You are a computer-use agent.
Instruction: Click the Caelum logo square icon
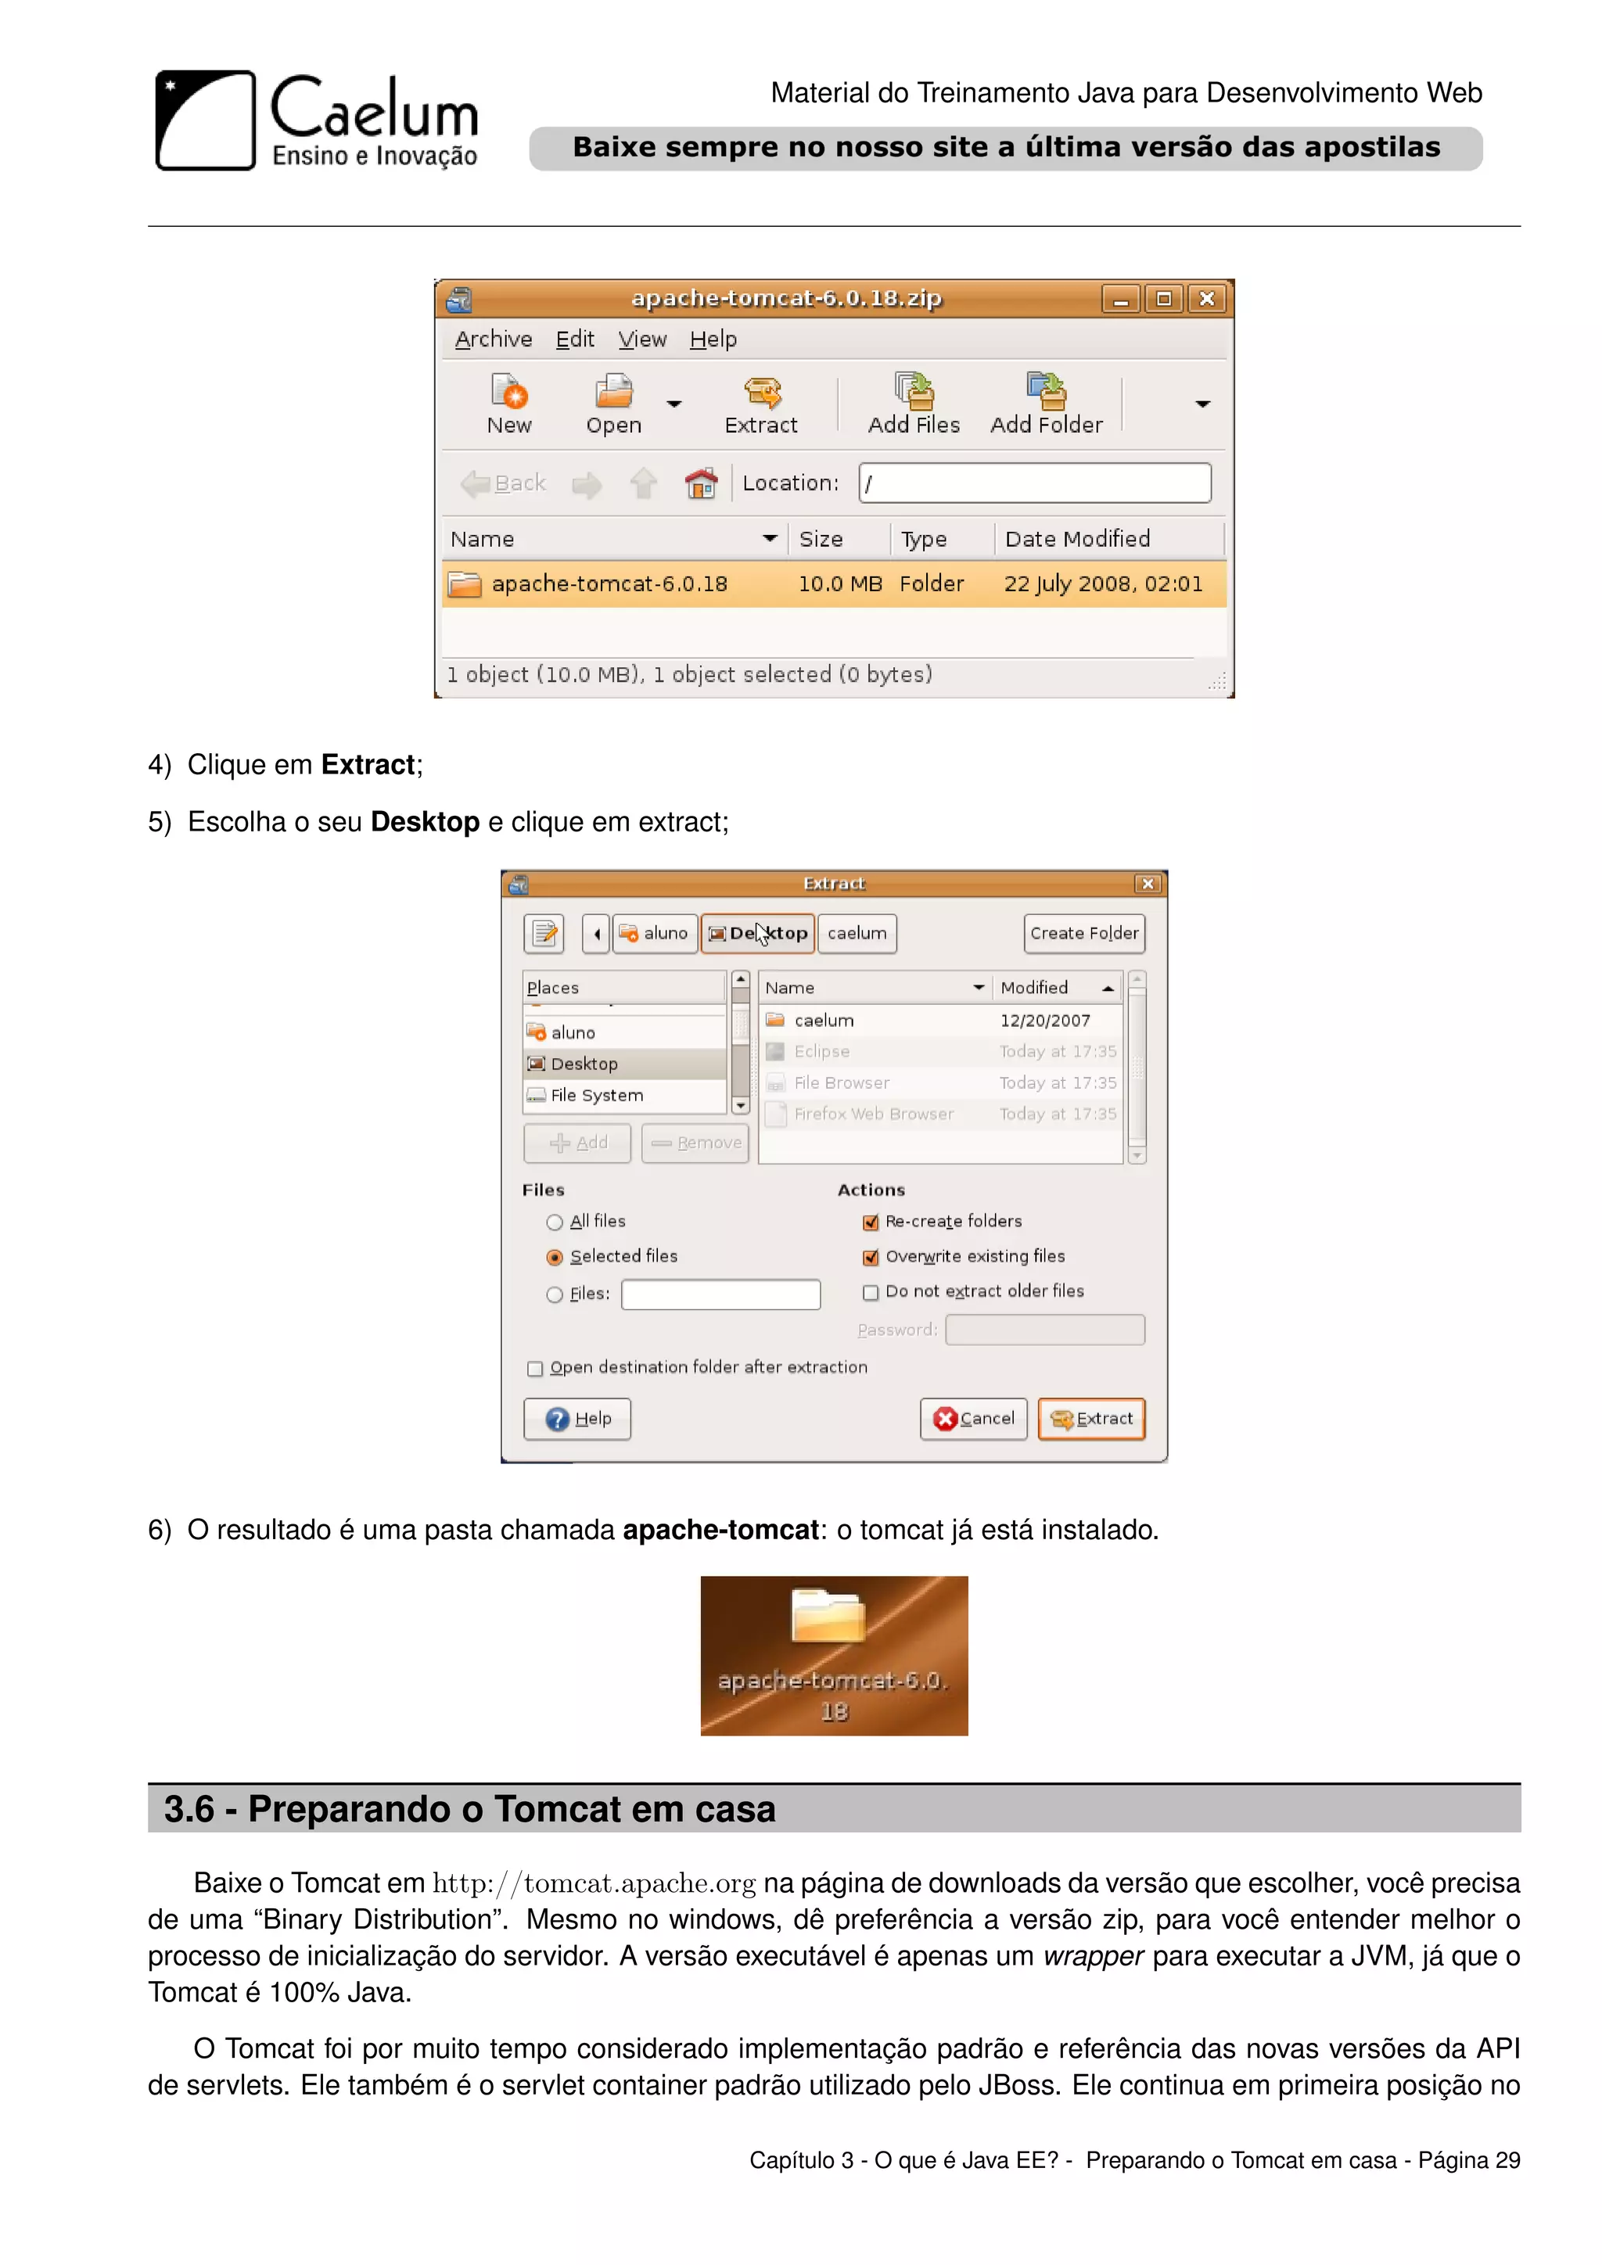point(205,120)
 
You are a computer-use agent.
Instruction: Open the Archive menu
point(494,339)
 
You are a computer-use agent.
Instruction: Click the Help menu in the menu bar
point(713,339)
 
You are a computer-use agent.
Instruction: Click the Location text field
point(1034,483)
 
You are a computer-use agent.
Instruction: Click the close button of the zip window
point(1206,299)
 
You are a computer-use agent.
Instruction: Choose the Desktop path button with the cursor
point(758,933)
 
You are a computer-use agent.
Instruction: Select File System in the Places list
point(596,1095)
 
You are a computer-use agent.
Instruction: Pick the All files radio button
point(555,1222)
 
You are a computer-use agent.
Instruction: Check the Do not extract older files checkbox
point(870,1292)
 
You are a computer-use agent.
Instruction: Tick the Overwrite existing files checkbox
point(870,1257)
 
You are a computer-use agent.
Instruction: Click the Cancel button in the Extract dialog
point(974,1419)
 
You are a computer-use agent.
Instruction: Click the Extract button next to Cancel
point(1091,1419)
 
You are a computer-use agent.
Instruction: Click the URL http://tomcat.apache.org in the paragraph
point(594,1883)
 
